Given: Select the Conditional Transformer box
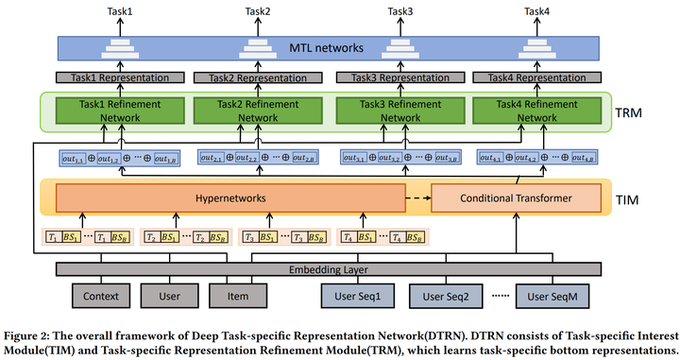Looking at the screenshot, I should pos(515,199).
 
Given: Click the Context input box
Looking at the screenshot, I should pos(101,297).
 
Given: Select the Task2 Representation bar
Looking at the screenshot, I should pos(247,77).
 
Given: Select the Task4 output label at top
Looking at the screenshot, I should pos(536,11).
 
